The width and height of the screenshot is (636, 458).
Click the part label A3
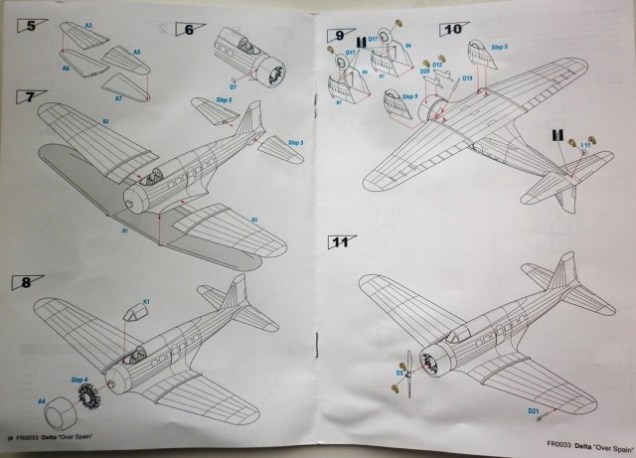88,24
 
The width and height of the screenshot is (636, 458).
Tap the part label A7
117,99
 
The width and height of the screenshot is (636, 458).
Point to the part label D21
560,409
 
